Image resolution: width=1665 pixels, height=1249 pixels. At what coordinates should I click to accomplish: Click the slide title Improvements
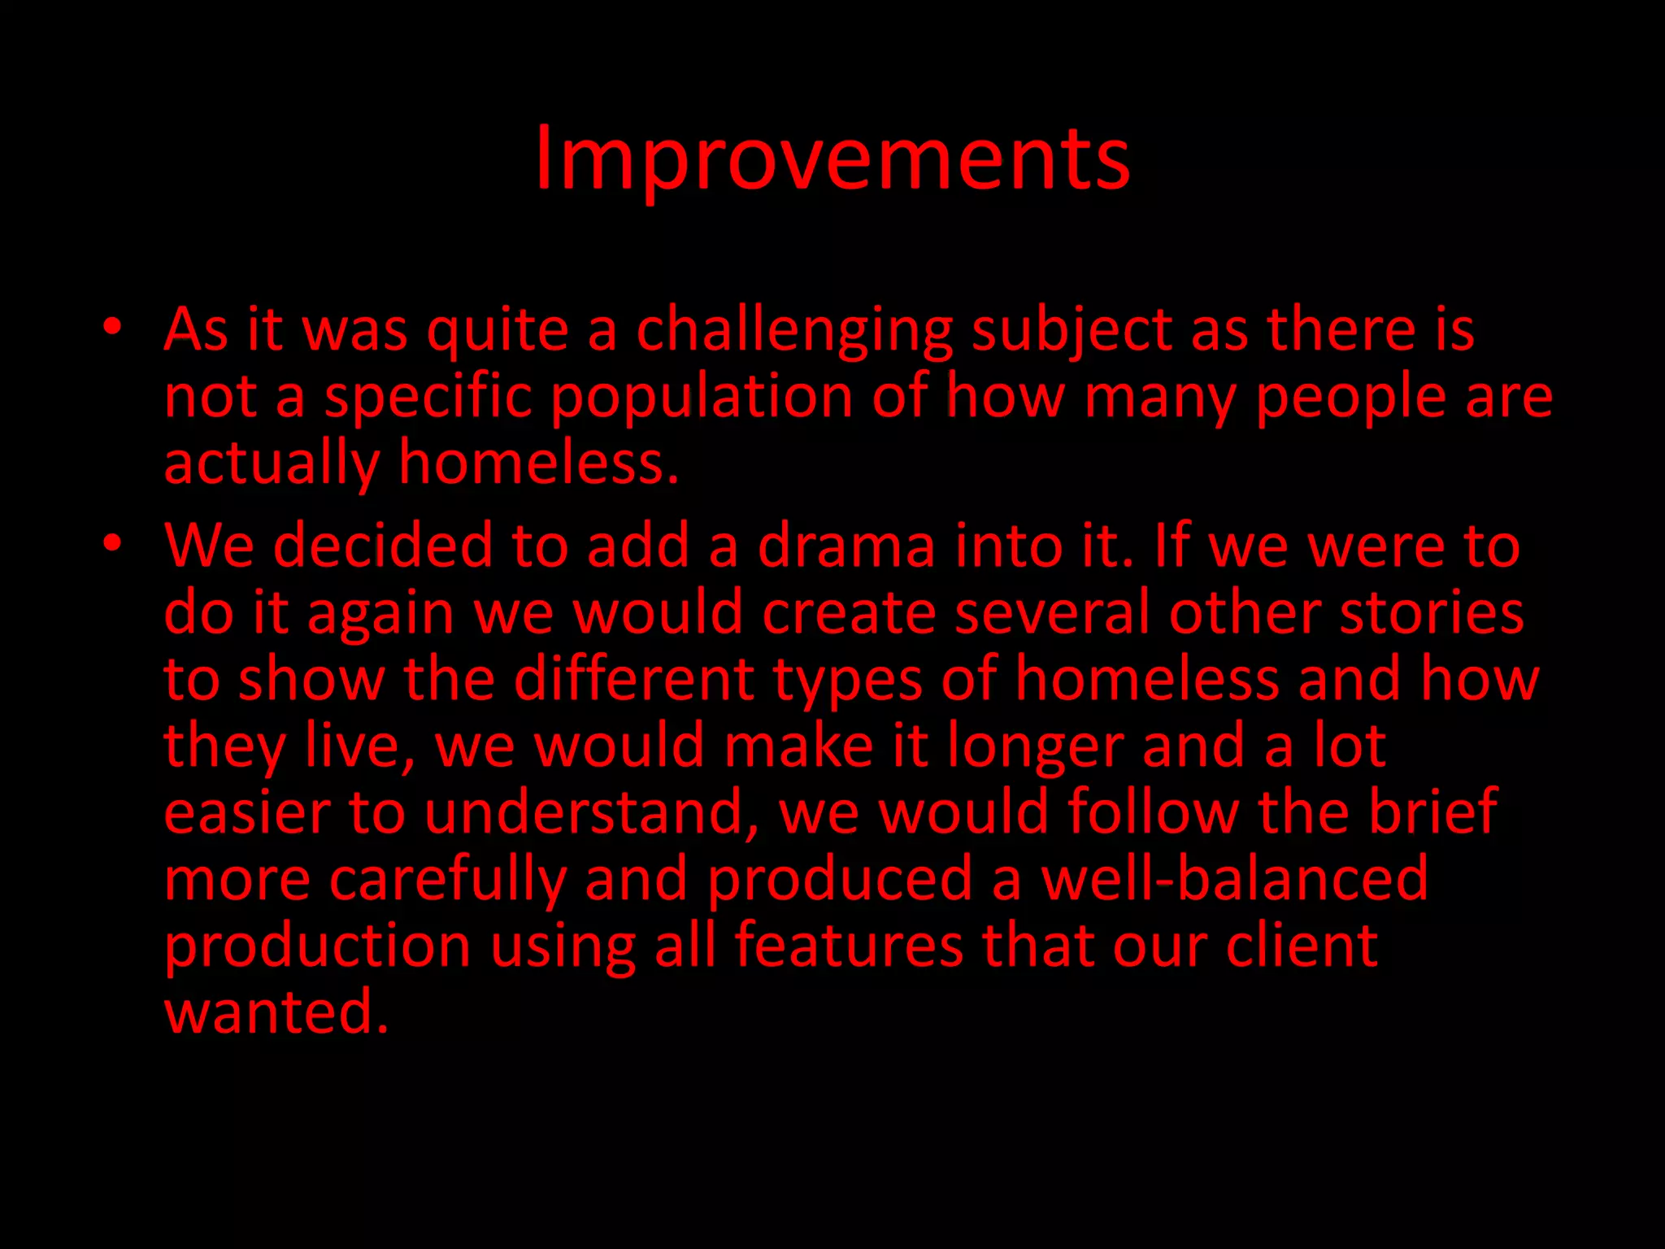click(832, 159)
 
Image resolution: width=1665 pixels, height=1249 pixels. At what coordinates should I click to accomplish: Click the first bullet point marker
click(112, 328)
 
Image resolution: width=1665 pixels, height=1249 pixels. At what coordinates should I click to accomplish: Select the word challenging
click(793, 331)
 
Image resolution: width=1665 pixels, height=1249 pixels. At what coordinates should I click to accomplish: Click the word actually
click(272, 464)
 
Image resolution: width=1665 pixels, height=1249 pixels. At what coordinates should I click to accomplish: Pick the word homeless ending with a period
click(537, 463)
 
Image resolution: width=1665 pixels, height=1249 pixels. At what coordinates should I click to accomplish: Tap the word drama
click(846, 546)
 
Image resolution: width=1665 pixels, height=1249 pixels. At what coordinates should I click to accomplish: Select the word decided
click(382, 546)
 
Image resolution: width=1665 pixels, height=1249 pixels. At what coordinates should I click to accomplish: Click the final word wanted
click(276, 1012)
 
